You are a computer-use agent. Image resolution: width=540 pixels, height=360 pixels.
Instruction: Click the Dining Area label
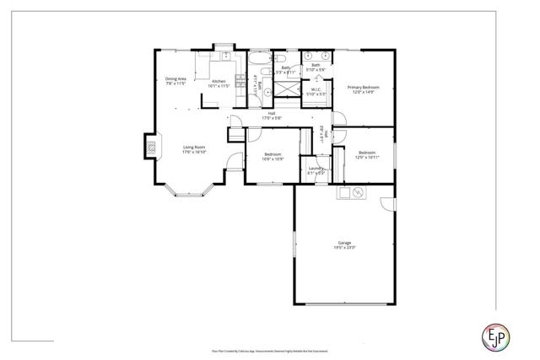pyautogui.click(x=175, y=82)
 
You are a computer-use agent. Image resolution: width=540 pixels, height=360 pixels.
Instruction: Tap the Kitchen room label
pyautogui.click(x=219, y=84)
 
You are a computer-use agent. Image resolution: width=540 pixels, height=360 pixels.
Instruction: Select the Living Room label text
pyautogui.click(x=194, y=150)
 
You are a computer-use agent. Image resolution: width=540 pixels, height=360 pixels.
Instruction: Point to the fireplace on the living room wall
pyautogui.click(x=153, y=148)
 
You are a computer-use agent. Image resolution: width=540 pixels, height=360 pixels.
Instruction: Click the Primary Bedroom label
pyautogui.click(x=363, y=89)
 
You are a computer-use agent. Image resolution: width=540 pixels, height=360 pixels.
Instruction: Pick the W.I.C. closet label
pyautogui.click(x=316, y=91)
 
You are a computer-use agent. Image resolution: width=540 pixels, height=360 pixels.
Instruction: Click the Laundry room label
pyautogui.click(x=316, y=170)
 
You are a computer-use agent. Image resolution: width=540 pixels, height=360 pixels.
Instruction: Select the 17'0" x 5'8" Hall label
pyautogui.click(x=272, y=116)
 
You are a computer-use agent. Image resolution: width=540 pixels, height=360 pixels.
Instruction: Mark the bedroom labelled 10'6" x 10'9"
pyautogui.click(x=272, y=157)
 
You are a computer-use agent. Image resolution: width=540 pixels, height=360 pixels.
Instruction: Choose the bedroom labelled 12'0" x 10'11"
pyautogui.click(x=364, y=155)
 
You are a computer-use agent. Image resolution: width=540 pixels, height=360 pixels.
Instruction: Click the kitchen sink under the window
pyautogui.click(x=225, y=56)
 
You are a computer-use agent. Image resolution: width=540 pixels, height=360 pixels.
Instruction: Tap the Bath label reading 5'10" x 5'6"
pyautogui.click(x=316, y=67)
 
